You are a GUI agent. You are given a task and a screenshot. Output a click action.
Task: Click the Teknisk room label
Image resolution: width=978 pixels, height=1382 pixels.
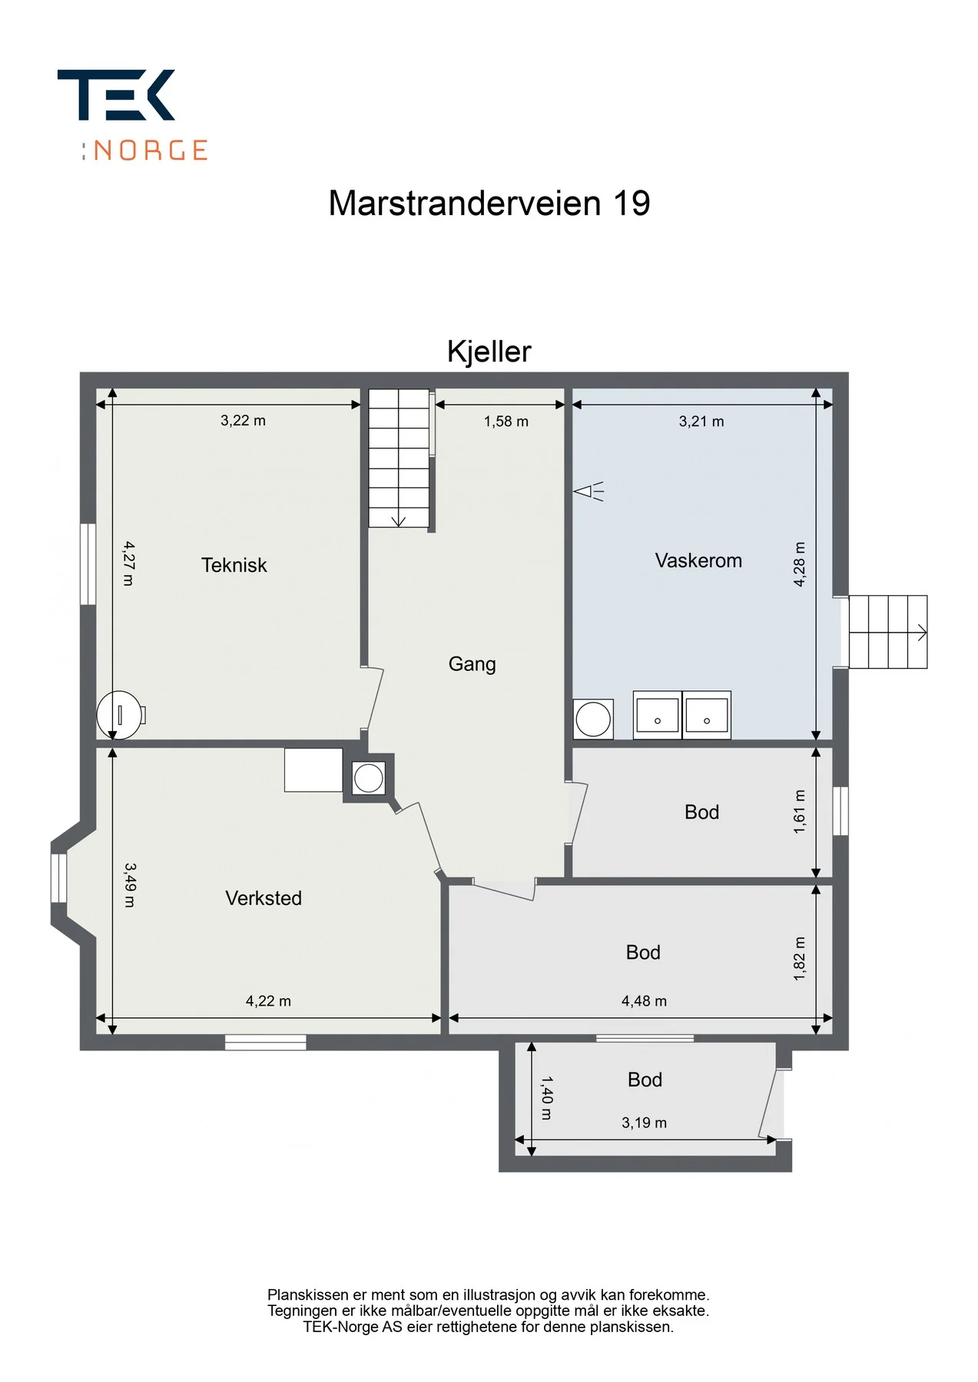pyautogui.click(x=234, y=565)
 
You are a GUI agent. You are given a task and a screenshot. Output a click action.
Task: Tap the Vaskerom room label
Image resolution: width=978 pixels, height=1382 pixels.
pyautogui.click(x=698, y=560)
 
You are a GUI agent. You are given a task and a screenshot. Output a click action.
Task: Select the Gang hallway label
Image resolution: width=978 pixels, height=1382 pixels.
pyautogui.click(x=472, y=664)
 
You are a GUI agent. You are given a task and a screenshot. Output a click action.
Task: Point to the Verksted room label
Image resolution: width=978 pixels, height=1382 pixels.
pyautogui.click(x=263, y=898)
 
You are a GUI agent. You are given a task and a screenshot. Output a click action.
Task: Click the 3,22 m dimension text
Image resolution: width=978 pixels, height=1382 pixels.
pyautogui.click(x=243, y=420)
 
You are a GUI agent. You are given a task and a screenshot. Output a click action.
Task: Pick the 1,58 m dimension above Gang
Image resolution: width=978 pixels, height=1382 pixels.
pyautogui.click(x=506, y=421)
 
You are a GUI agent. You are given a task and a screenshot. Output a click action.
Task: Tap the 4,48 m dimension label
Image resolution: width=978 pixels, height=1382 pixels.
pyautogui.click(x=644, y=1000)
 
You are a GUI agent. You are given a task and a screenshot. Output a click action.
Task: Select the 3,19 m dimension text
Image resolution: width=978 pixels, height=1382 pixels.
pyautogui.click(x=644, y=1122)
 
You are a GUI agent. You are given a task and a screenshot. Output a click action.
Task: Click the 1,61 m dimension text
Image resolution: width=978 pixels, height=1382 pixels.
pyautogui.click(x=800, y=812)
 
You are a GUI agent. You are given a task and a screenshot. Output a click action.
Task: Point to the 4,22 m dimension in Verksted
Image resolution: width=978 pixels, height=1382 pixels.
pyautogui.click(x=268, y=1000)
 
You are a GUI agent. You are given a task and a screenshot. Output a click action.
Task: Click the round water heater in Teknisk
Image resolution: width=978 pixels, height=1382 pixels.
pyautogui.click(x=119, y=715)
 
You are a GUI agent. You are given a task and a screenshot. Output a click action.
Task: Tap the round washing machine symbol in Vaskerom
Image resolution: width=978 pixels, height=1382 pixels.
pyautogui.click(x=593, y=719)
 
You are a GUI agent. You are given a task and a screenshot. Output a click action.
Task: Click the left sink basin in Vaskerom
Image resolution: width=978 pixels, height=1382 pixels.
pyautogui.click(x=658, y=715)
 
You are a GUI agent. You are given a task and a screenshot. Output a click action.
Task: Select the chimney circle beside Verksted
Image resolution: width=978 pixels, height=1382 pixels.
pyautogui.click(x=369, y=778)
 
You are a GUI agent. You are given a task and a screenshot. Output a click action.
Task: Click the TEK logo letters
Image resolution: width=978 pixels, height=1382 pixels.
pyautogui.click(x=117, y=95)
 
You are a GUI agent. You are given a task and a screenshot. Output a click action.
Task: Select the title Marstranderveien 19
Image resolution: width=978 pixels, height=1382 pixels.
pyautogui.click(x=489, y=203)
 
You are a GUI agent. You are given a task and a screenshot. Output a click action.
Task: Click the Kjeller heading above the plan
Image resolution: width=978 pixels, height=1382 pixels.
pyautogui.click(x=489, y=352)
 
